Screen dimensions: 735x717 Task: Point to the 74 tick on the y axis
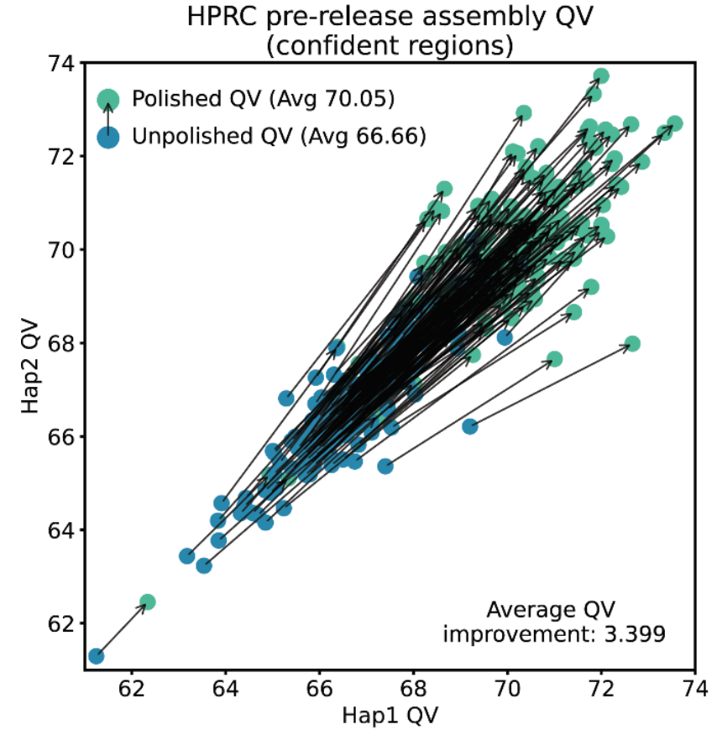62,63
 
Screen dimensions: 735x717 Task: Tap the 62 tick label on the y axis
62,623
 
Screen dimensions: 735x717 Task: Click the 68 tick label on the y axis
62,343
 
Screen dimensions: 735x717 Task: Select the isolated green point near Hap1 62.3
148,602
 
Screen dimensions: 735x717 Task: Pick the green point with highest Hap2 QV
600,76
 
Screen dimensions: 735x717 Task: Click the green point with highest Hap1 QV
674,124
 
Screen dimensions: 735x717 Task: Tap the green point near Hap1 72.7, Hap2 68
632,343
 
